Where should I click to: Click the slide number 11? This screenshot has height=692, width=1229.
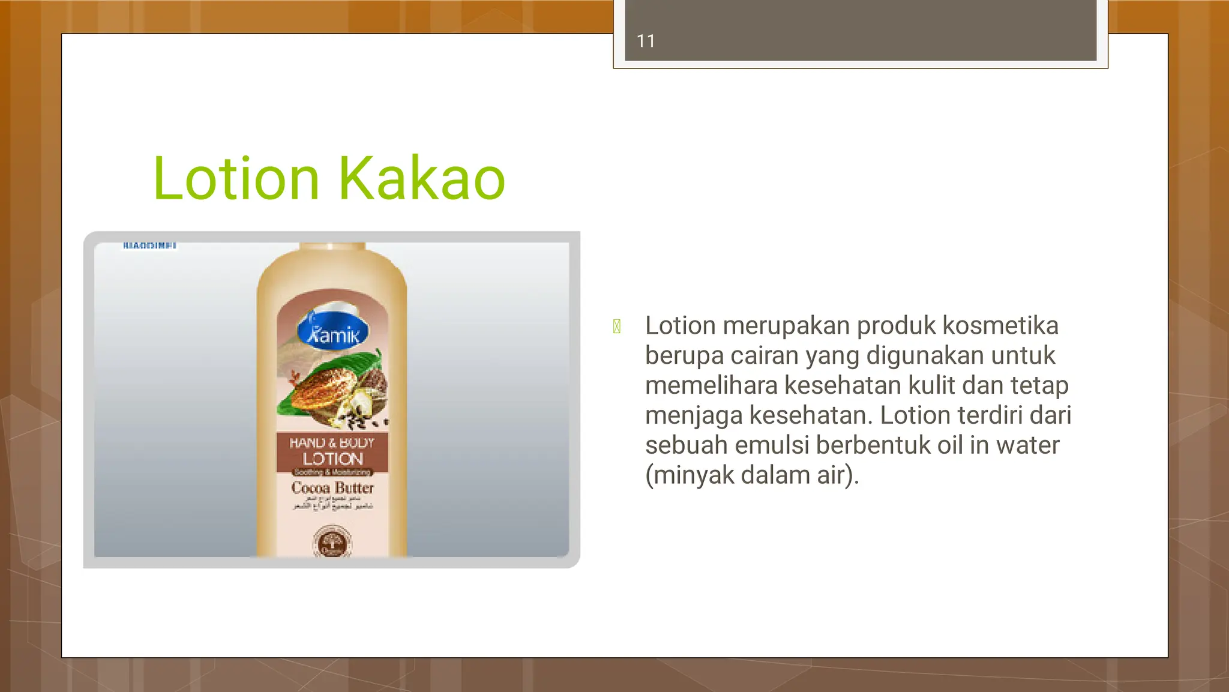tap(645, 41)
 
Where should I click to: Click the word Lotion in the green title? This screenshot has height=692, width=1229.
tap(236, 178)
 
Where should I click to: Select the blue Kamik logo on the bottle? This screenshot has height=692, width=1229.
tap(332, 332)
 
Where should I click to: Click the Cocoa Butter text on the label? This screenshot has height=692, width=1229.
tap(332, 487)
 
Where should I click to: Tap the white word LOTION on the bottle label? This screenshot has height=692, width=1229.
tap(332, 459)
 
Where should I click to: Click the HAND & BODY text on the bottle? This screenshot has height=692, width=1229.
tap(332, 443)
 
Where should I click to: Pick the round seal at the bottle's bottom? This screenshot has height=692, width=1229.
tap(332, 543)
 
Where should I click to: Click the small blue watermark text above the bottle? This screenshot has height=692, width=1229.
tap(149, 245)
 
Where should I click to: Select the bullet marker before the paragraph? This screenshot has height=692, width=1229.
tap(616, 326)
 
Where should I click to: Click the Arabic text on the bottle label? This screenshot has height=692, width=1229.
tap(332, 503)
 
